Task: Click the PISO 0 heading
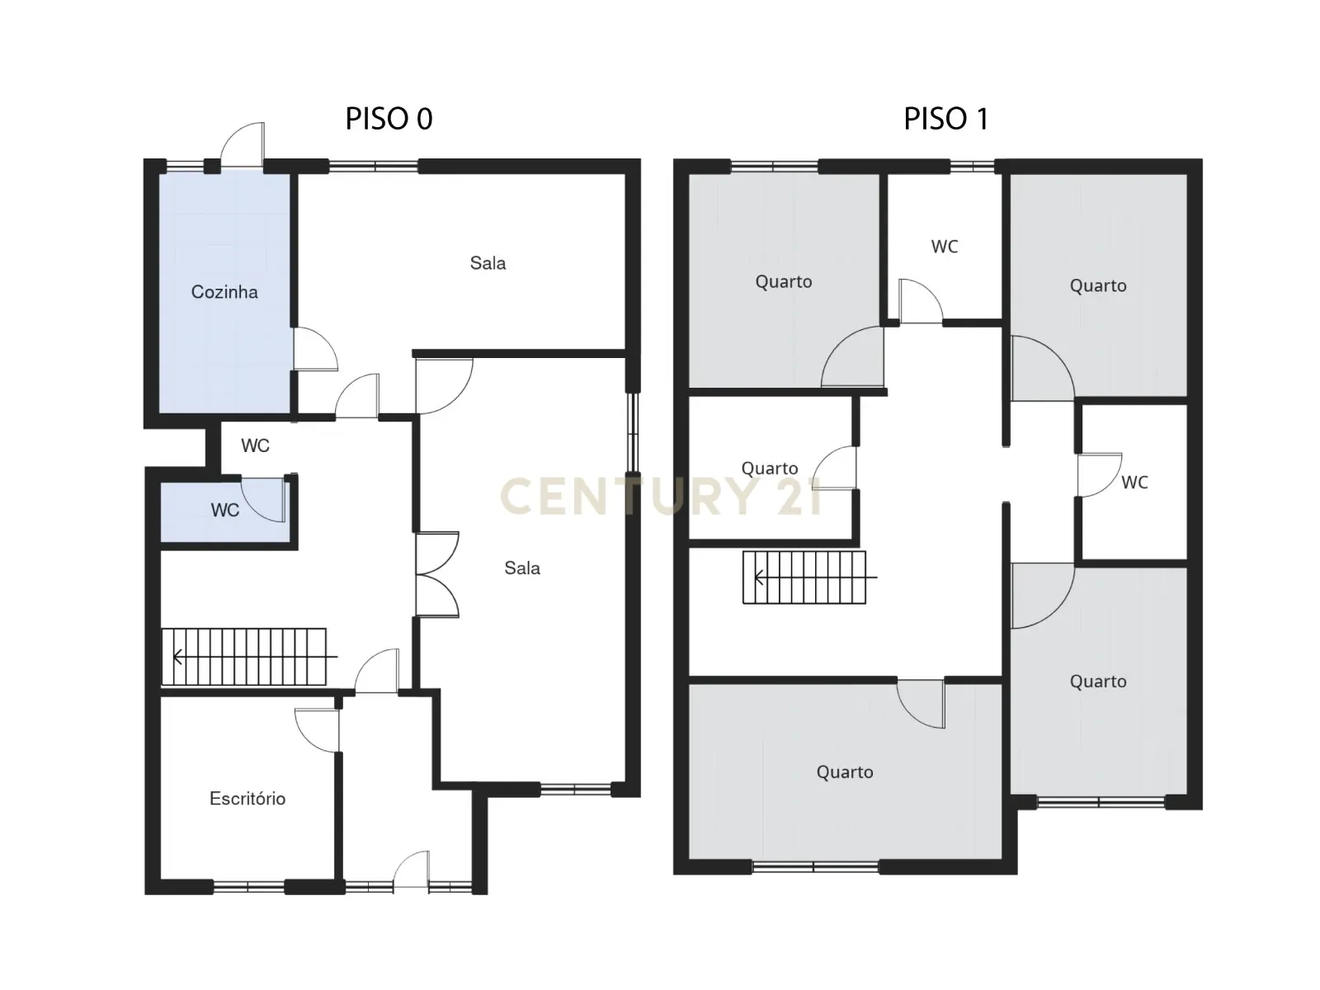point(389,119)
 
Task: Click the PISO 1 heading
point(945,119)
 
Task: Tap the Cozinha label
point(224,292)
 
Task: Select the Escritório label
point(247,799)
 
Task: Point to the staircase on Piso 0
point(244,657)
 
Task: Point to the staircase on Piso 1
point(804,577)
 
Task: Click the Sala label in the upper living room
point(488,263)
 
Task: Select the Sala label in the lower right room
point(522,568)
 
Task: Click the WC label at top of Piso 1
point(945,247)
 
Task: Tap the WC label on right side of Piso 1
point(1134,483)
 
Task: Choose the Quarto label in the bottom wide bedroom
point(845,772)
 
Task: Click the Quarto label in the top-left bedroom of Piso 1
point(784,282)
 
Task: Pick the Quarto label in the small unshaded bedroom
point(770,469)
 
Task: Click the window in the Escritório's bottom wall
point(249,887)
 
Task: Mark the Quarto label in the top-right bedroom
point(1098,286)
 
